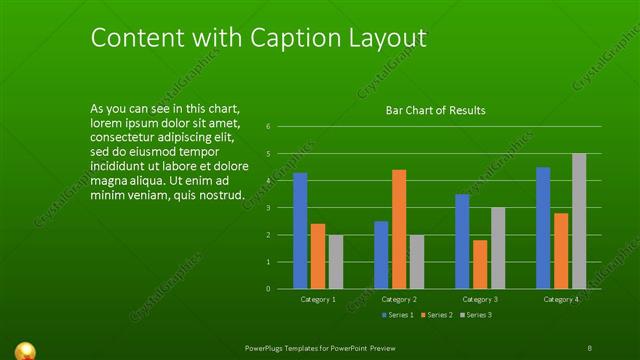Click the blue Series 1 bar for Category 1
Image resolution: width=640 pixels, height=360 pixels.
tap(300, 231)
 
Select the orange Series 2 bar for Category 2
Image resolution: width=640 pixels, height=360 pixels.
tap(399, 229)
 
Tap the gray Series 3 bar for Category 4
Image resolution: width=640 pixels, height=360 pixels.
tap(579, 221)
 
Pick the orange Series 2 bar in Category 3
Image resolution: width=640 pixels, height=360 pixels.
tap(480, 264)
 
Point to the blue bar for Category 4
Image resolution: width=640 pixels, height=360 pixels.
tap(543, 227)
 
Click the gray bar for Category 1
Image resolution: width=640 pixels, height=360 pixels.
tap(336, 262)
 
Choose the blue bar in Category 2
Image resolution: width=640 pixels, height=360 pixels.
tap(381, 255)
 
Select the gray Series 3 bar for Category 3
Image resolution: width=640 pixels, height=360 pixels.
tap(498, 248)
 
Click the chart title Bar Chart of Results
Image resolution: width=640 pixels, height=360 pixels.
tap(436, 111)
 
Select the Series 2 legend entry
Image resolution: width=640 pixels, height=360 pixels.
tap(438, 315)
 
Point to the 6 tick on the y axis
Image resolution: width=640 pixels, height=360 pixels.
tap(268, 126)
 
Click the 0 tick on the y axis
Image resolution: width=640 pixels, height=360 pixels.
tap(268, 288)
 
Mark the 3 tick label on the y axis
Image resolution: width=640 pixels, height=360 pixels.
tap(268, 207)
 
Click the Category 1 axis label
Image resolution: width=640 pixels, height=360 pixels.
tap(318, 300)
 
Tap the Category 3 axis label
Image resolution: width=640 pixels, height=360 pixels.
tap(480, 300)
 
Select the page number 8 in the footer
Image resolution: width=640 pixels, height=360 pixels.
tap(590, 347)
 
